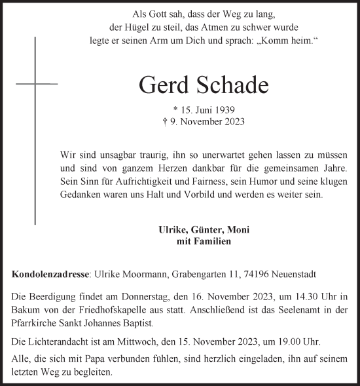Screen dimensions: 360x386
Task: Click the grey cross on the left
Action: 36,84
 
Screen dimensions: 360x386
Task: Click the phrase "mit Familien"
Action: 204,241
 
